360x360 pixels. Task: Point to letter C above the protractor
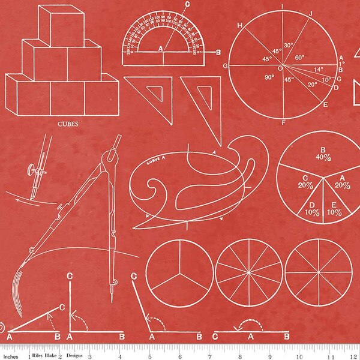click(187, 4)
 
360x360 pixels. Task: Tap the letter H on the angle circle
click(240, 25)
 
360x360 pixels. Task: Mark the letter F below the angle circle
click(282, 122)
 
